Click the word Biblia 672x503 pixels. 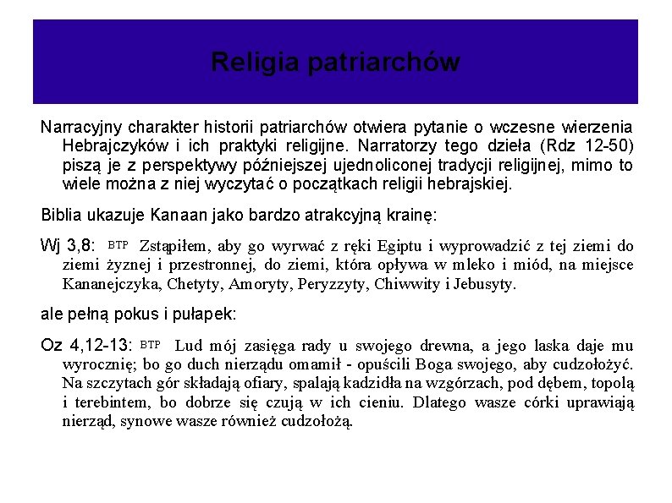(x=61, y=215)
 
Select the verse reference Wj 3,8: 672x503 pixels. (x=70, y=247)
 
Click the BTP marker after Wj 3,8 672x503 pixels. (x=118, y=245)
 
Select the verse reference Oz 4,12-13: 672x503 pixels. (x=86, y=346)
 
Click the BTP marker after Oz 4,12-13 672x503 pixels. (x=150, y=344)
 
